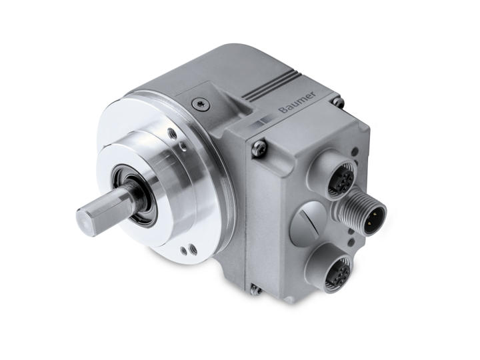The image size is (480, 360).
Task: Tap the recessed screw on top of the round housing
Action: tap(201, 104)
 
